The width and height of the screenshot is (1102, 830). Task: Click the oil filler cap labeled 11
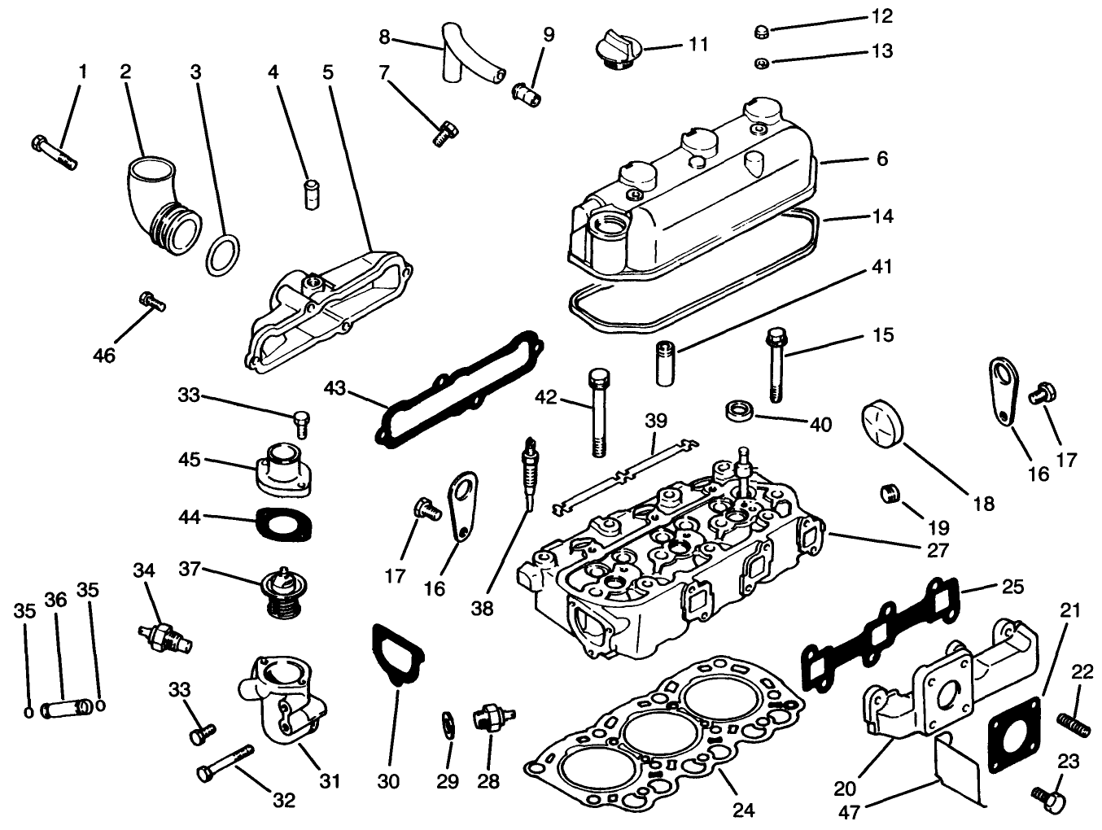617,49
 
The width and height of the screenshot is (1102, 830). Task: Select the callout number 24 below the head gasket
744,810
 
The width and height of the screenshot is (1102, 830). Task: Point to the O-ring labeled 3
222,256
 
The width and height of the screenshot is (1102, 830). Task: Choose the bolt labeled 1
55,152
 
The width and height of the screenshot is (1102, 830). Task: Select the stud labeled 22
1074,721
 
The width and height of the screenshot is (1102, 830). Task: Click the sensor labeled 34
165,636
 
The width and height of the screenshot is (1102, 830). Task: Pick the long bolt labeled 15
775,366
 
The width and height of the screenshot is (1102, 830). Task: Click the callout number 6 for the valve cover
881,159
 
